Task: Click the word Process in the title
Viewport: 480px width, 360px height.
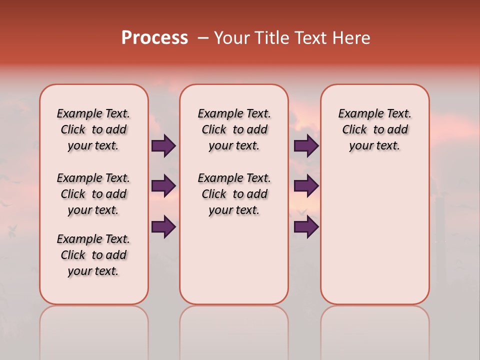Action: point(154,38)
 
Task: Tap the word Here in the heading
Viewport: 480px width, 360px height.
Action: point(352,38)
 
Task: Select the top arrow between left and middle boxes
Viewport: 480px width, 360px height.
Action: point(163,146)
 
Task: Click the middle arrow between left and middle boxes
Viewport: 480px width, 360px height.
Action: point(163,186)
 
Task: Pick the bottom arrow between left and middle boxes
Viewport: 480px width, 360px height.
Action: point(163,226)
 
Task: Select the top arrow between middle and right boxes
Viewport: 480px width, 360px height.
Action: point(306,146)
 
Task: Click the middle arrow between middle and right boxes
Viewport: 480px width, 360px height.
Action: point(306,186)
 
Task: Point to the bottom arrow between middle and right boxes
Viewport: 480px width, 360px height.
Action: point(306,226)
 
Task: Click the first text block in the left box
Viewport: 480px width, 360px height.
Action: point(93,129)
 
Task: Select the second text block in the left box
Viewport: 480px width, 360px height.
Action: point(93,194)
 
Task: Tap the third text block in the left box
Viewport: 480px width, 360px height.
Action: point(93,255)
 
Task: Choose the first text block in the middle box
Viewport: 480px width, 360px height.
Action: point(234,129)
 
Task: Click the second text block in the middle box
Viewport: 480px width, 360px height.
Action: point(234,194)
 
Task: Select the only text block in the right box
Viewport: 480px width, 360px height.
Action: point(374,129)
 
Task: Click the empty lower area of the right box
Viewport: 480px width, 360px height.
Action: point(374,235)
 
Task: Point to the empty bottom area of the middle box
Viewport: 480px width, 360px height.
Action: point(234,265)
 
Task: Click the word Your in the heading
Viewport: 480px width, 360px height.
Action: point(232,38)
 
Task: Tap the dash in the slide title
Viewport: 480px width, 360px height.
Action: point(202,38)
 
